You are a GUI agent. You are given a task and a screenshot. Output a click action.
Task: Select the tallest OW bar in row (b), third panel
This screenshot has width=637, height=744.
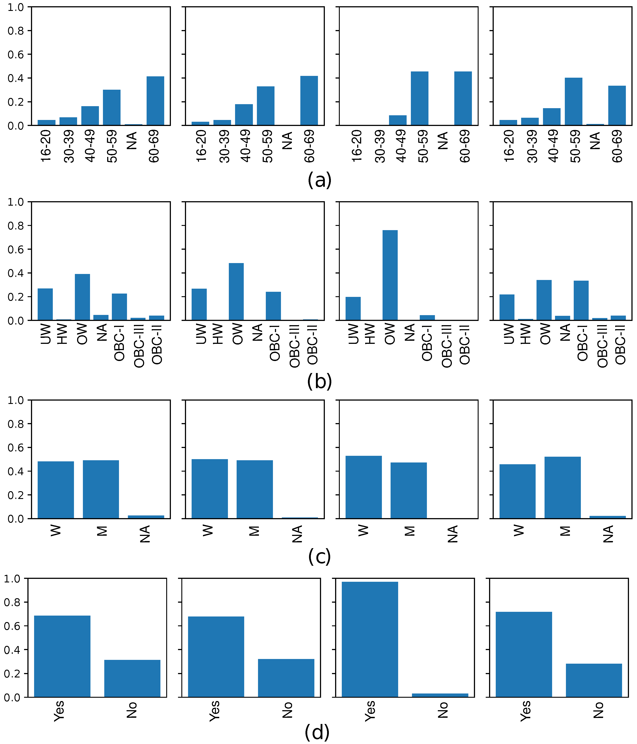click(x=390, y=275)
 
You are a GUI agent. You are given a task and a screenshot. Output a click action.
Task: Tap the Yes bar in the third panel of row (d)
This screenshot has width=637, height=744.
click(x=370, y=639)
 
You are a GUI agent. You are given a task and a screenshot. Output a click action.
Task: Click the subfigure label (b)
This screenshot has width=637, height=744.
click(x=320, y=381)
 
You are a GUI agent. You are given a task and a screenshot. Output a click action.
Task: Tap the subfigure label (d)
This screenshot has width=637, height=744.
click(x=317, y=732)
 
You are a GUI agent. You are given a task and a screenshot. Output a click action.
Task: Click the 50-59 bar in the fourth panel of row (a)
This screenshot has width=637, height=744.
click(x=573, y=102)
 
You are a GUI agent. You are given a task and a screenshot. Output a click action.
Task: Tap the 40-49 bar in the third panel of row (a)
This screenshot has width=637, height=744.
click(x=397, y=120)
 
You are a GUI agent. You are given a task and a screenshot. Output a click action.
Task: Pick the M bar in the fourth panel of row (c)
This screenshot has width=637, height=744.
click(x=563, y=488)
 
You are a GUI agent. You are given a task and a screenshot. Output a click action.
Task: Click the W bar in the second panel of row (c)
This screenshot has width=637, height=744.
click(x=210, y=489)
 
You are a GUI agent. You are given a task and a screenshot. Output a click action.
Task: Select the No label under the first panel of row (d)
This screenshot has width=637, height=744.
click(x=132, y=710)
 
